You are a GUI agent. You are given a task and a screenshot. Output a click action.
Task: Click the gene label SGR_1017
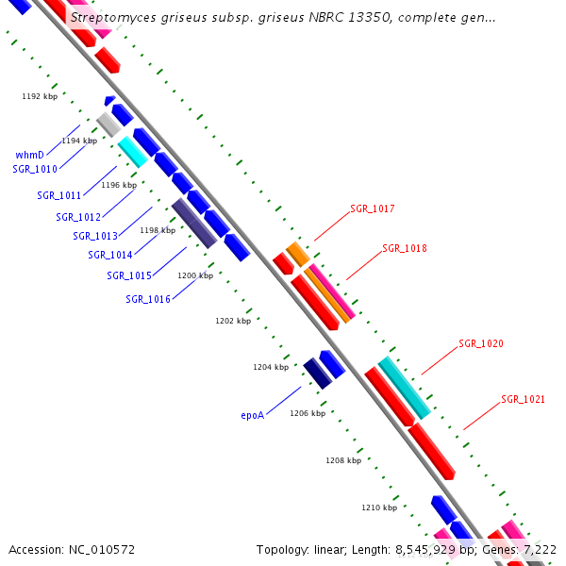(x=372, y=208)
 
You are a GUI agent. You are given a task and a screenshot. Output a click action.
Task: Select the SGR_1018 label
(x=404, y=249)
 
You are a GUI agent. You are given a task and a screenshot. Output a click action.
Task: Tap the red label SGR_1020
(x=480, y=343)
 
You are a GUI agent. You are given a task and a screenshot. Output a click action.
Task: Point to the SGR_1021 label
(x=523, y=399)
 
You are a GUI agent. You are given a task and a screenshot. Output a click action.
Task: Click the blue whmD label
(x=29, y=155)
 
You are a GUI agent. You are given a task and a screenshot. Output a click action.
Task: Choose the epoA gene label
(x=252, y=414)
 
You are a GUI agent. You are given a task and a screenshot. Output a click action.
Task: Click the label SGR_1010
(x=35, y=169)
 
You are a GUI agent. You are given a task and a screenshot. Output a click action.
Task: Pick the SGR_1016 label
(x=148, y=299)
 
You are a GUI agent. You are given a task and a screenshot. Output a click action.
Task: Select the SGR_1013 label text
(x=95, y=236)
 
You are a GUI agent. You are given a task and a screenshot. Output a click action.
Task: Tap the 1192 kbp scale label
(x=40, y=96)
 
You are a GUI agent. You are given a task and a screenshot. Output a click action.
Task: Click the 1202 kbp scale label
(x=233, y=321)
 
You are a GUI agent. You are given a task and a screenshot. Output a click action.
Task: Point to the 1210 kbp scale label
(x=378, y=508)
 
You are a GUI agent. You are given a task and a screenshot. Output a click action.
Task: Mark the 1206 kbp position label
(x=308, y=413)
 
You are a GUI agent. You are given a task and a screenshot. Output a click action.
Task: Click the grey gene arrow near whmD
(x=108, y=124)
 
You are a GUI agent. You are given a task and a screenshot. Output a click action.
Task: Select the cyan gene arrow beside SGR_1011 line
(x=132, y=151)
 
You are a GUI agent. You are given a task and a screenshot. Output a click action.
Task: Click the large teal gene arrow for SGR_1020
(x=405, y=388)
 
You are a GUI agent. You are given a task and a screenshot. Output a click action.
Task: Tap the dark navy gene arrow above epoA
(x=317, y=374)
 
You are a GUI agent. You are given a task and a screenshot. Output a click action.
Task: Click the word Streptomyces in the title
(x=114, y=17)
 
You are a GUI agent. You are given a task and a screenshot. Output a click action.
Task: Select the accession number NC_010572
(x=101, y=549)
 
